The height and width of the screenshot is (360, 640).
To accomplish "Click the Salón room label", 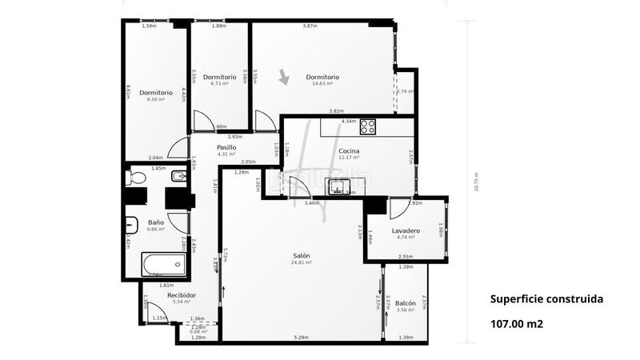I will [302, 255].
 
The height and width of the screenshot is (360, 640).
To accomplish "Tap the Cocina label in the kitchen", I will [348, 150].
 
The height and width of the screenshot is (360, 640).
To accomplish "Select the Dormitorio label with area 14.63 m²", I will [322, 77].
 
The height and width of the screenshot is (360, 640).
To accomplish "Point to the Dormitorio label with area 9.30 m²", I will [155, 92].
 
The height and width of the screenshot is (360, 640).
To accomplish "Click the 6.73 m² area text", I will [219, 83].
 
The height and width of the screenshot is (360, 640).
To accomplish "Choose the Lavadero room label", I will [406, 230].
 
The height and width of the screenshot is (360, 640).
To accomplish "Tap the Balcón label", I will [406, 303].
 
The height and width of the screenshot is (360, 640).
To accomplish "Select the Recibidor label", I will [182, 295].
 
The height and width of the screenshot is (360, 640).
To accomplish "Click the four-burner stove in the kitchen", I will [368, 126].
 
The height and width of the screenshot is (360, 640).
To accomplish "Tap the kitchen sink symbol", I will [339, 186].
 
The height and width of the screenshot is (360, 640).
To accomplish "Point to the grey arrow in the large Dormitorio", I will [284, 78].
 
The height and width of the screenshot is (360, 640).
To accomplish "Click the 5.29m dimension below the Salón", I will [300, 338].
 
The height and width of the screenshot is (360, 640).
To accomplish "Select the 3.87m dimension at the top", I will [310, 26].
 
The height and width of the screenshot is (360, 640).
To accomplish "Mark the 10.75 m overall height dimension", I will [476, 182].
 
